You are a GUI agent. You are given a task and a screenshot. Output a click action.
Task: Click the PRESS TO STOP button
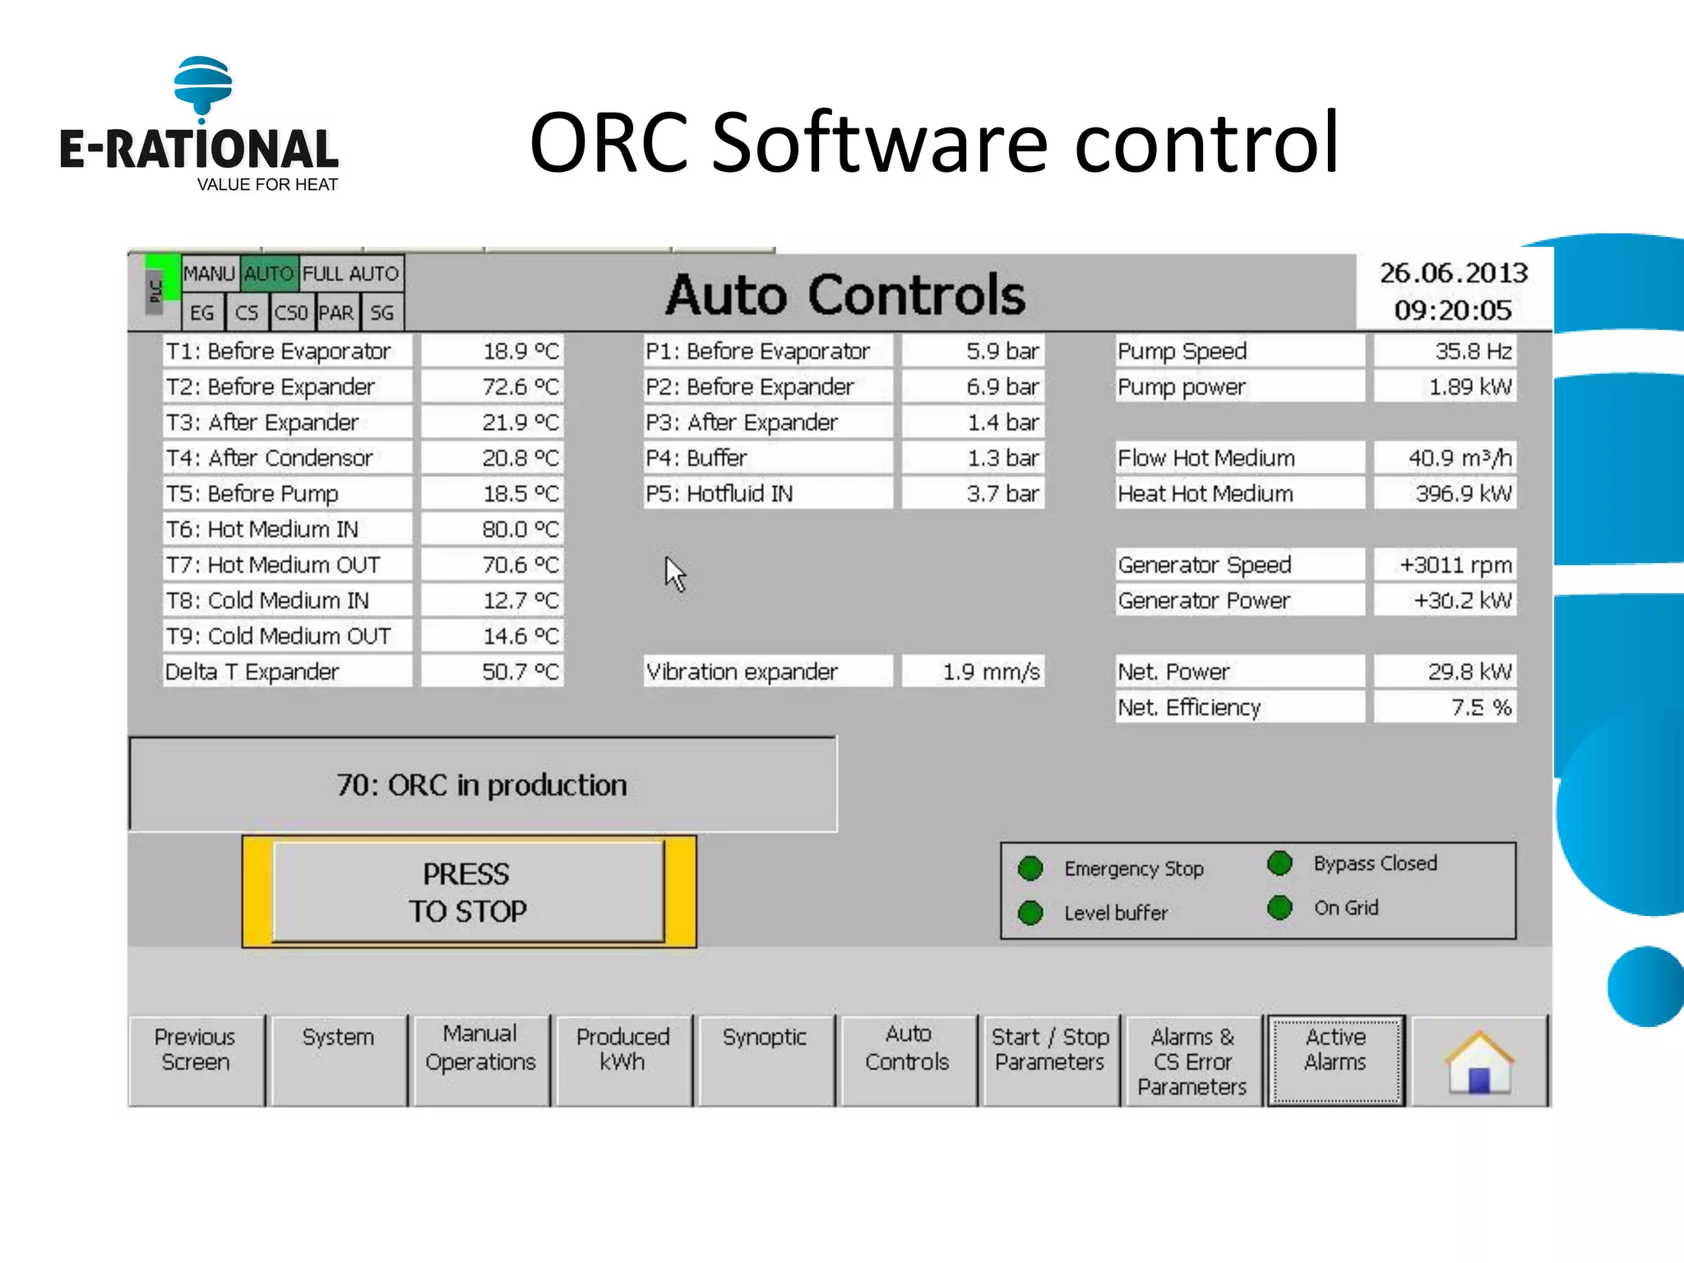[x=468, y=892]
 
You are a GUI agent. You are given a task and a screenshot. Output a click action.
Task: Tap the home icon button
[x=1479, y=1062]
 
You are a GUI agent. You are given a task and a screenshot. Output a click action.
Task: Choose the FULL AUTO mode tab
[x=351, y=274]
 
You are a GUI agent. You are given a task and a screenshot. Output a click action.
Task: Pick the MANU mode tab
[x=210, y=274]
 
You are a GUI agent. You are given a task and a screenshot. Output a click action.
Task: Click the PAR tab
[x=335, y=313]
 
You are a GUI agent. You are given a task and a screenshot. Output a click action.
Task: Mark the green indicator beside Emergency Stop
[x=1030, y=868]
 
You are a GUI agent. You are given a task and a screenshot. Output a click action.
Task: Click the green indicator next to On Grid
[x=1279, y=908]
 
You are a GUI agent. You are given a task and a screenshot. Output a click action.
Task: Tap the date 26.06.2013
[x=1453, y=273]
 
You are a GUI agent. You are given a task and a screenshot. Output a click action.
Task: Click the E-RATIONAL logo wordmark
[x=199, y=150]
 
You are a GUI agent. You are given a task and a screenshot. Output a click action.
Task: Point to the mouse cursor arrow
[x=674, y=572]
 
